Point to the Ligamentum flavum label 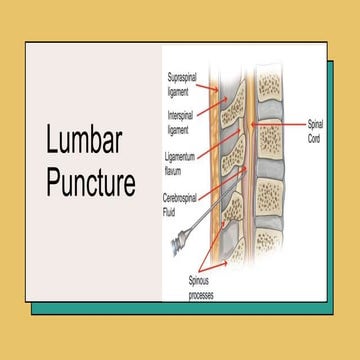pyautogui.click(x=184, y=161)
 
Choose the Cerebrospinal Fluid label pyautogui.click(x=187, y=204)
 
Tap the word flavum pyautogui.click(x=177, y=167)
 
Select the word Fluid pyautogui.click(x=174, y=211)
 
